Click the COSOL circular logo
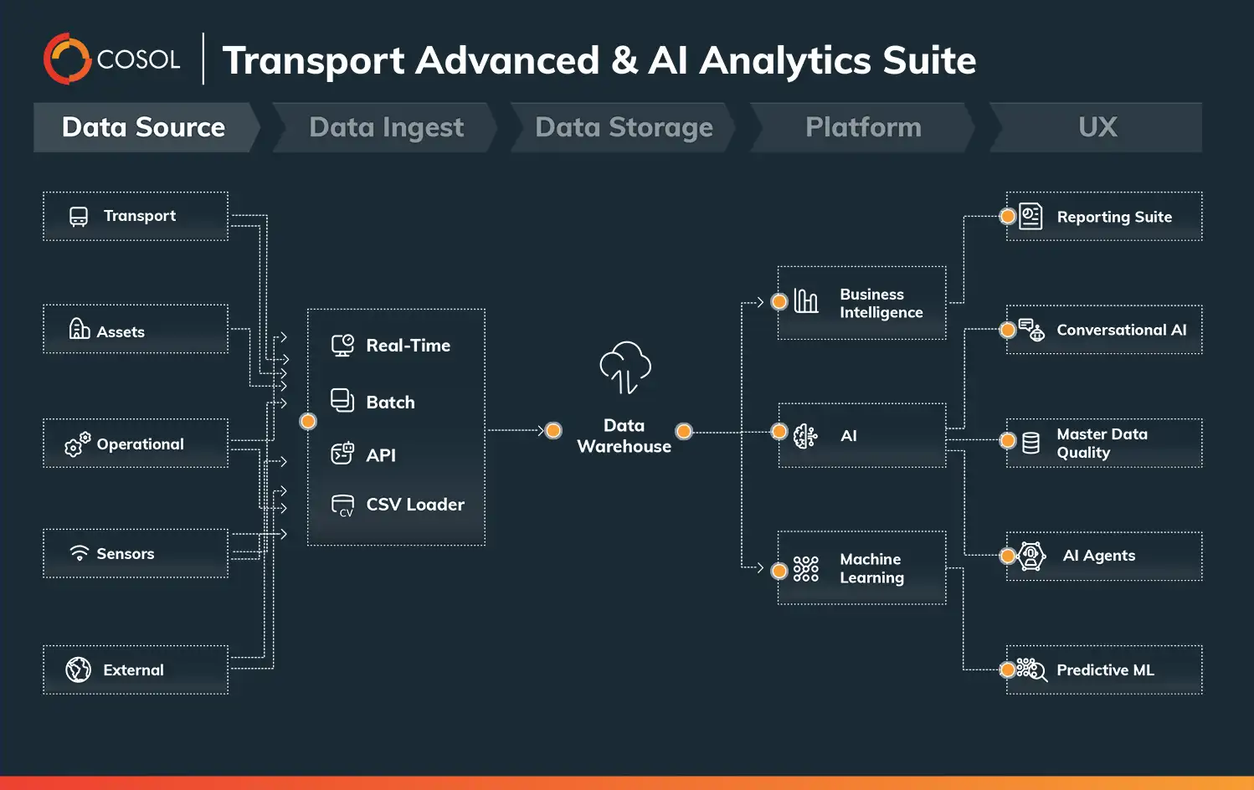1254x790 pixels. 67,59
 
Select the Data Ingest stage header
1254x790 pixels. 386,127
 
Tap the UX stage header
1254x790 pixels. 1097,127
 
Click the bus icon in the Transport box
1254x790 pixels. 79,217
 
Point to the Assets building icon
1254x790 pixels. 80,329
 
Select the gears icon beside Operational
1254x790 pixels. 77,444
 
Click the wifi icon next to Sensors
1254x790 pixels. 80,553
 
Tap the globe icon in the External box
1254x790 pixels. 78,669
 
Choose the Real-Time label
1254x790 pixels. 408,346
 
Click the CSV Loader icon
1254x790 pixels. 342,505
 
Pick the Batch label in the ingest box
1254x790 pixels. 390,403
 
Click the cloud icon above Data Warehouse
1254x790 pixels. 624,367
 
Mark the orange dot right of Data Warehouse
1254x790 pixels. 684,431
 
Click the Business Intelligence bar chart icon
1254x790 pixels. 805,301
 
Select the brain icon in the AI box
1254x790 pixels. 805,435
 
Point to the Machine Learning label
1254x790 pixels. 871,568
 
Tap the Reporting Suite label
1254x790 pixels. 1113,217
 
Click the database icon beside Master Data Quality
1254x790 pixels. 1031,443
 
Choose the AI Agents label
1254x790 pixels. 1098,556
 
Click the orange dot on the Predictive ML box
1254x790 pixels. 1008,669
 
